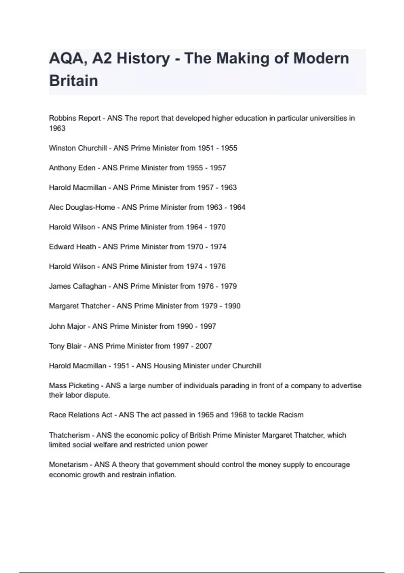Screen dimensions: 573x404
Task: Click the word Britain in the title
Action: (x=74, y=81)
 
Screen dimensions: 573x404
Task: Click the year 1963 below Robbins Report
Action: (x=57, y=128)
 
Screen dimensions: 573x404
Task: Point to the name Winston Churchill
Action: (x=78, y=148)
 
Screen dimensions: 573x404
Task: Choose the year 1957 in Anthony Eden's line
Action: (x=218, y=168)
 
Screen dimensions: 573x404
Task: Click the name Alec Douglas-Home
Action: (x=82, y=207)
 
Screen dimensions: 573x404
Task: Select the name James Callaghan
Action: (x=77, y=286)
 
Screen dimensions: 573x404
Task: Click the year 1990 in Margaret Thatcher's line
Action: (x=232, y=306)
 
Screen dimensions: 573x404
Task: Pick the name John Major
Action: (x=67, y=326)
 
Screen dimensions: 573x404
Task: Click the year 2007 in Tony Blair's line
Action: (x=204, y=346)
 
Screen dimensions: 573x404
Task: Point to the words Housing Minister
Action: (x=181, y=366)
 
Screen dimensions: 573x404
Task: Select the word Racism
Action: (x=291, y=415)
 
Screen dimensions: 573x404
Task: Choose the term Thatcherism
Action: (x=69, y=435)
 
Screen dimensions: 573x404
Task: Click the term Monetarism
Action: (x=69, y=465)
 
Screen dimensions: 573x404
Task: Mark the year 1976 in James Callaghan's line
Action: (x=205, y=286)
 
